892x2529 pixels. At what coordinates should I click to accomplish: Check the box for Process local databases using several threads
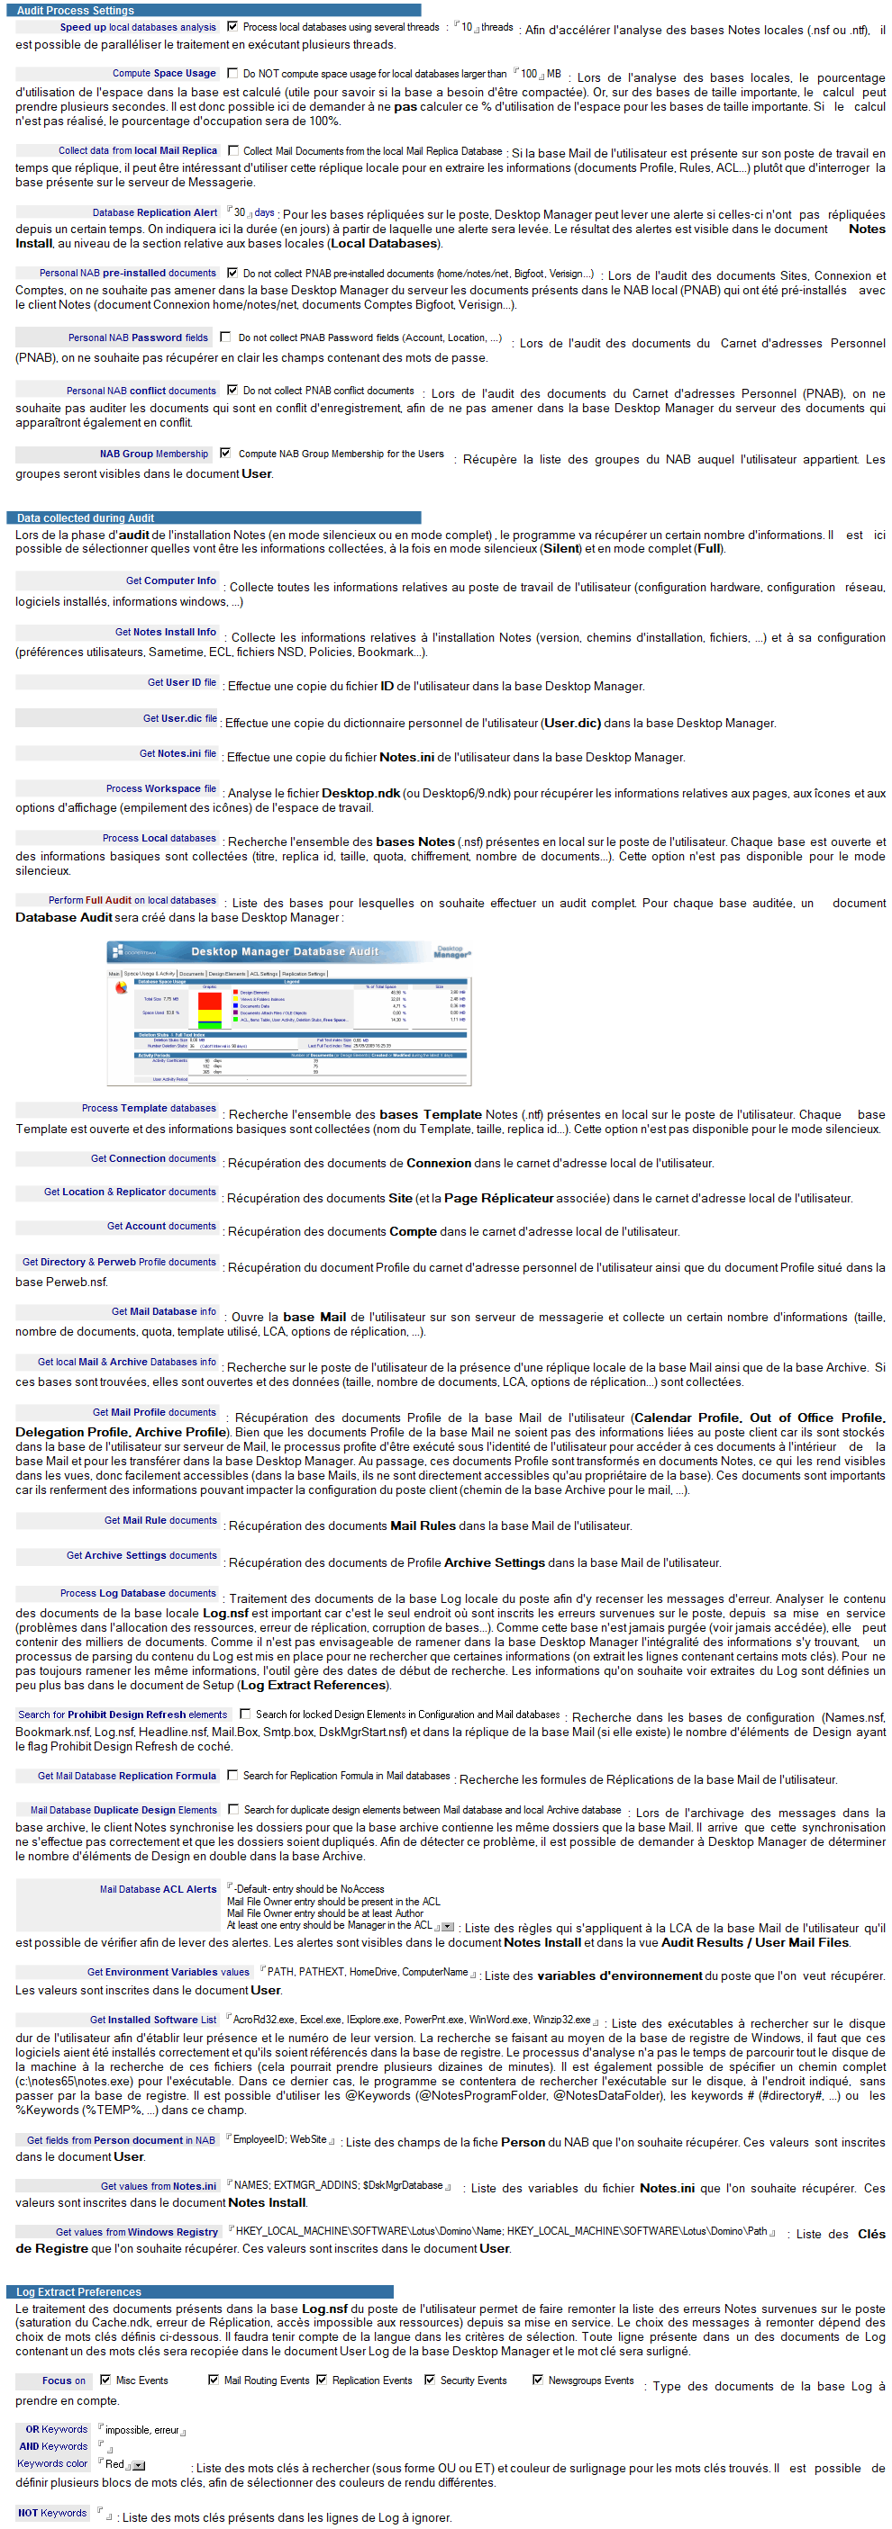232,26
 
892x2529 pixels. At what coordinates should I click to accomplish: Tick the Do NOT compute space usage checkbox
232,73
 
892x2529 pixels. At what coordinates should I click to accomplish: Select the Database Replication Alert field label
154,212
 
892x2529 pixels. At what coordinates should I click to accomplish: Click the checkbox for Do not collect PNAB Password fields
226,337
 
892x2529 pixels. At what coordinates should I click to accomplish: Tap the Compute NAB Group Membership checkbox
226,453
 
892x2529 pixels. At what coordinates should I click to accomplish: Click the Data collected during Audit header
86,517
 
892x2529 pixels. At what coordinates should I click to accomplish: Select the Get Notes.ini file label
177,753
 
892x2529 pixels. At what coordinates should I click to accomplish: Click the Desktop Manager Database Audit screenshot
289,1013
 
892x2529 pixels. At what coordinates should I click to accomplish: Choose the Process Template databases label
149,1107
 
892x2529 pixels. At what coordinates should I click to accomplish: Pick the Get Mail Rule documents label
160,1520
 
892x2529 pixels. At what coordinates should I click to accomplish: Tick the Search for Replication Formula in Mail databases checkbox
232,1775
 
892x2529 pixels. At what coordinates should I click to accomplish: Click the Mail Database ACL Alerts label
157,1889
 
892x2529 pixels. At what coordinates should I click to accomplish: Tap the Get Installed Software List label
153,2020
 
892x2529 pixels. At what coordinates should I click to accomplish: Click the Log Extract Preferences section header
78,2291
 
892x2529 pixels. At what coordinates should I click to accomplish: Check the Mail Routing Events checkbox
214,2380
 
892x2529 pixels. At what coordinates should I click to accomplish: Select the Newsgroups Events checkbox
537,2380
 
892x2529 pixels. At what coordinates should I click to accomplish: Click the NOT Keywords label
53,2512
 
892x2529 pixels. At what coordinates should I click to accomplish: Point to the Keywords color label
53,2463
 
